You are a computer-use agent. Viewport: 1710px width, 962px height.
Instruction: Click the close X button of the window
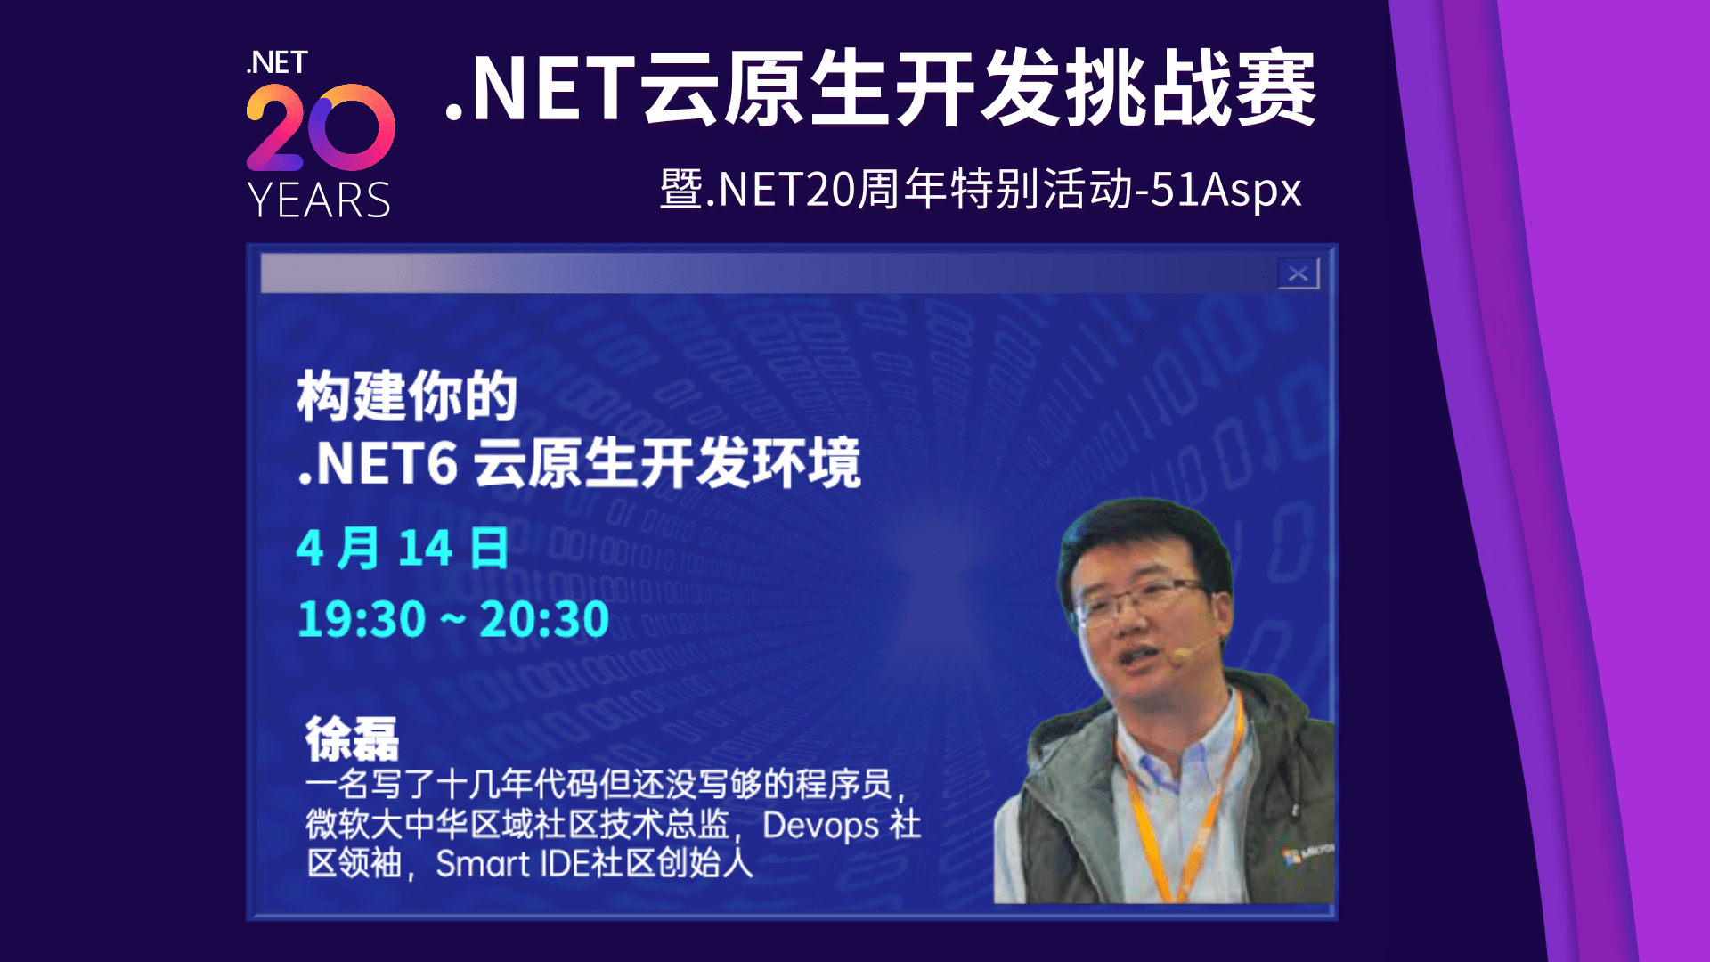[1298, 273]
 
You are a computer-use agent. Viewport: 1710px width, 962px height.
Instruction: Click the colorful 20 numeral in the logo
[321, 127]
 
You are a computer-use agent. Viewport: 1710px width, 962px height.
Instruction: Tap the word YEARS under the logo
[319, 200]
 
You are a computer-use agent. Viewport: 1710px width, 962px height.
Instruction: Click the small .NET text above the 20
[277, 63]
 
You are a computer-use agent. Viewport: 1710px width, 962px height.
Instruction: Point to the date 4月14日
[403, 548]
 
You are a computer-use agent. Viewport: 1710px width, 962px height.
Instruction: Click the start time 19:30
[362, 619]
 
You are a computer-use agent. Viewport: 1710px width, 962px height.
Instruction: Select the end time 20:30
[544, 619]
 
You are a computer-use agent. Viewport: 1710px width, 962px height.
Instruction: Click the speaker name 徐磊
[352, 738]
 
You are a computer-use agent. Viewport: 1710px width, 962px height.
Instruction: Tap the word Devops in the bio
[820, 825]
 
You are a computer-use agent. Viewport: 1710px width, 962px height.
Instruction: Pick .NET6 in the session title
[378, 463]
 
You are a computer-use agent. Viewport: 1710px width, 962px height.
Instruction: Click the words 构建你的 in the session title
[407, 396]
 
